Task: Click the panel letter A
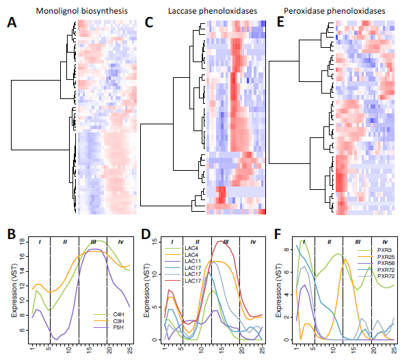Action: pos(12,23)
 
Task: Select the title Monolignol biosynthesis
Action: pos(81,11)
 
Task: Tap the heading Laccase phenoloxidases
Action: pos(213,11)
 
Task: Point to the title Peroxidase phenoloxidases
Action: pos(334,11)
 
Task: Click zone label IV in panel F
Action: pos(385,242)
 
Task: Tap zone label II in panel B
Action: pos(65,242)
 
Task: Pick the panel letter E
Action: pos(280,23)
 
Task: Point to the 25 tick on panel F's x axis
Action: pos(395,350)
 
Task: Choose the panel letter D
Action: pos(146,234)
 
